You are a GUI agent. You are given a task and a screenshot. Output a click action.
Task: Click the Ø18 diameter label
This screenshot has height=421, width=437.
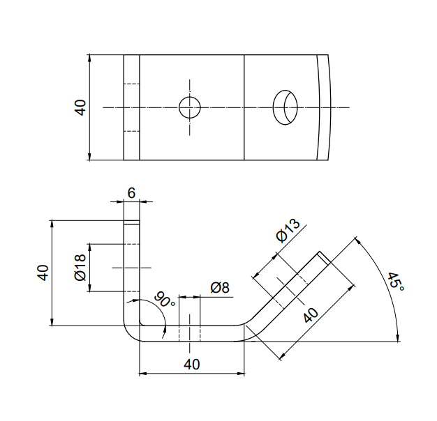click(80, 268)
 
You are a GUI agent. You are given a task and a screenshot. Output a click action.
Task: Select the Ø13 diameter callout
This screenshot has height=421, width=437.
click(288, 230)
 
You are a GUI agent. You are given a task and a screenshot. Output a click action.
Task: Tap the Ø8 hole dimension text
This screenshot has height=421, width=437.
click(220, 287)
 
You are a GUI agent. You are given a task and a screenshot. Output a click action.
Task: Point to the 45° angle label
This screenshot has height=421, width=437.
click(396, 282)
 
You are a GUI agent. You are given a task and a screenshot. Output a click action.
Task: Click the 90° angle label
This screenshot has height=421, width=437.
click(165, 300)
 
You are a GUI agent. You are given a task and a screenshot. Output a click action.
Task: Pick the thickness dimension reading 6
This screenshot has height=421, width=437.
click(131, 193)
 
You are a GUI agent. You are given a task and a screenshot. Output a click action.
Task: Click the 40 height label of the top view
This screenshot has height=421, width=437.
click(80, 107)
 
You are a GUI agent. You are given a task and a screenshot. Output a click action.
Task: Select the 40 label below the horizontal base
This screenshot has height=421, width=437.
click(192, 365)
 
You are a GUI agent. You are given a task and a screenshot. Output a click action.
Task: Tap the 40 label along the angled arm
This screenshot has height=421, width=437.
click(311, 315)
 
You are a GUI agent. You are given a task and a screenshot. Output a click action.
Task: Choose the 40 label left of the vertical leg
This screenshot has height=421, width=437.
click(43, 273)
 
